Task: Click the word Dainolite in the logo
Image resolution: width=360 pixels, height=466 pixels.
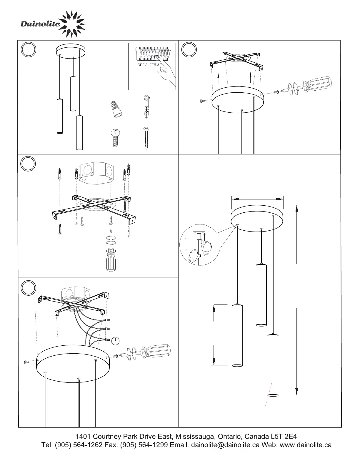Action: tap(40, 24)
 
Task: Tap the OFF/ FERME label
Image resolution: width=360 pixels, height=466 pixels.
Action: tap(150, 65)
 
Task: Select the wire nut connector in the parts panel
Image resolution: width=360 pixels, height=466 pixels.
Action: tap(116, 109)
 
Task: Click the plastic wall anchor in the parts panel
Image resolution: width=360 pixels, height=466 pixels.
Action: tap(146, 107)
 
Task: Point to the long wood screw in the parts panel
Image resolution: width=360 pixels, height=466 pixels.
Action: tap(146, 138)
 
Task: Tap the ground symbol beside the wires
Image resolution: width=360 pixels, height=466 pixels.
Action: tap(115, 341)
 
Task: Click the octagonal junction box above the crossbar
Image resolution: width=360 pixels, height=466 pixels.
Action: tap(96, 173)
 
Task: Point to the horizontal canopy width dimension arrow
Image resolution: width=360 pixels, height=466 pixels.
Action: tap(257, 199)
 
